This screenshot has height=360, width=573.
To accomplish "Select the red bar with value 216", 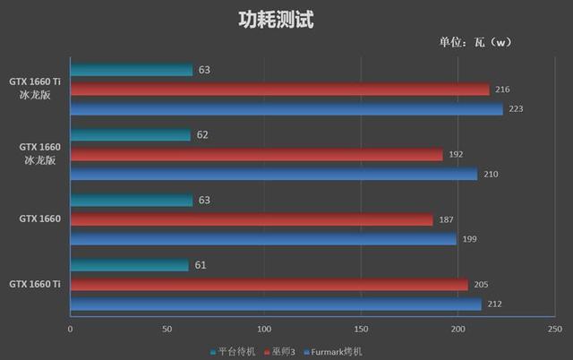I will [279, 90].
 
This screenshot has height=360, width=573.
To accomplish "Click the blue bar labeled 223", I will [286, 109].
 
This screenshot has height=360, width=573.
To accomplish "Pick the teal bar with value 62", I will [130, 134].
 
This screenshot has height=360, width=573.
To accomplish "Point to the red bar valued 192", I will [256, 154].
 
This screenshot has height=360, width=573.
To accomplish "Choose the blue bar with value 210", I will [273, 174].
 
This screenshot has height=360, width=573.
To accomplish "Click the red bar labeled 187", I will [251, 219].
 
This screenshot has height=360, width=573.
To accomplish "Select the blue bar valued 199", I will [263, 239].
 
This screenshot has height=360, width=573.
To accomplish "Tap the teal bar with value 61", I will [129, 265].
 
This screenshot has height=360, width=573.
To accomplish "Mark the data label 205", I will [482, 285].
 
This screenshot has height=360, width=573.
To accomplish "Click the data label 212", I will [495, 304].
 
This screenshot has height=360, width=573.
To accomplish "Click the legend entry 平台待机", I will [235, 351].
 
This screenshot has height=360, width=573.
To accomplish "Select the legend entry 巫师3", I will [279, 351].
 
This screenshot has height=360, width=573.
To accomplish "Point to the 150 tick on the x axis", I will [361, 329].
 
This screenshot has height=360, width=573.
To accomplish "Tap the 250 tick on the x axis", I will [554, 329].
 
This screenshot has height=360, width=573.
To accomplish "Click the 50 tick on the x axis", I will [167, 329].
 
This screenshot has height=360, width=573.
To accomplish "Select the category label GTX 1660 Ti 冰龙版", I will [35, 90].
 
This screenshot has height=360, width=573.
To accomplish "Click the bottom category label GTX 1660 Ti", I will [35, 284].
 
